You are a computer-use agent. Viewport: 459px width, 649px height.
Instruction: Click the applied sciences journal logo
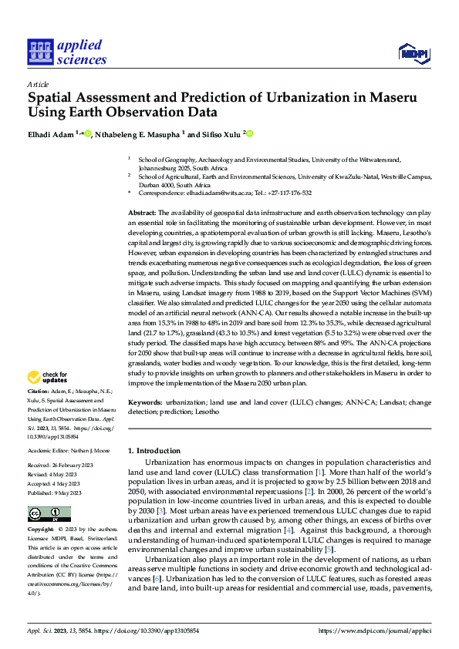coord(67,51)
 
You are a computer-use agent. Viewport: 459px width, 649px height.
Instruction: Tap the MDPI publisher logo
coord(413,52)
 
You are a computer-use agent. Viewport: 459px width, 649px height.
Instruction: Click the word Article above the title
coord(38,84)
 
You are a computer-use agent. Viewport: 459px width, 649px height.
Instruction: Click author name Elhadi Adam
coord(50,134)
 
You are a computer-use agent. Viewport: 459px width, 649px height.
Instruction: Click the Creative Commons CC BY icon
coord(49,514)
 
